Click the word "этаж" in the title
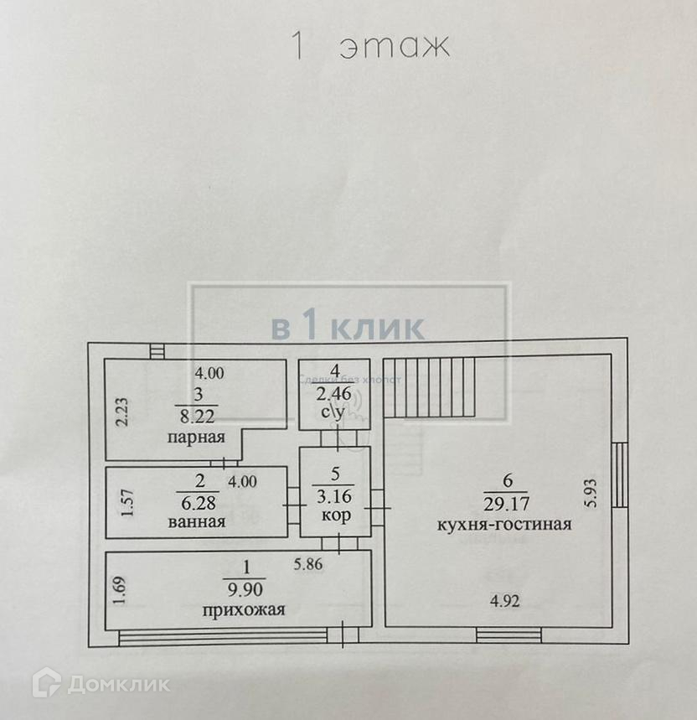[x=395, y=46]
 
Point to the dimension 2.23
[x=121, y=413]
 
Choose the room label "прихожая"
[x=243, y=609]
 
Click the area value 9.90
[x=244, y=587]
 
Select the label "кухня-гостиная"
[x=504, y=525]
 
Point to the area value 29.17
[x=504, y=503]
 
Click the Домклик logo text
[x=117, y=684]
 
